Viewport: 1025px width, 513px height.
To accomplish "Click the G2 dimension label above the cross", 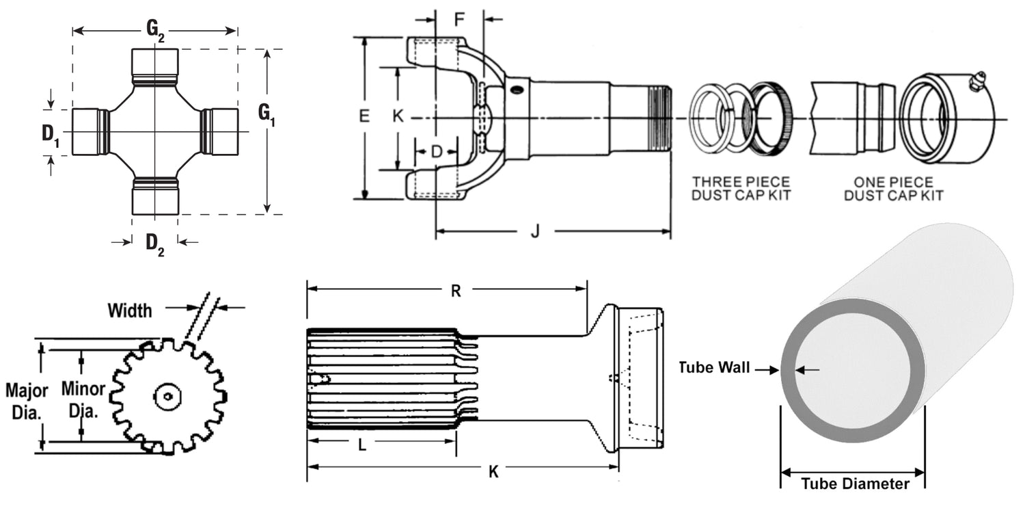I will coord(155,30).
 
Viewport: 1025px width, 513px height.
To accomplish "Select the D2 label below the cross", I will coord(155,244).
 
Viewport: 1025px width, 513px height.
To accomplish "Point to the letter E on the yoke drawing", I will coord(364,116).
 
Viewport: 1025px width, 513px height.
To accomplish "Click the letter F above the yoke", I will coord(460,18).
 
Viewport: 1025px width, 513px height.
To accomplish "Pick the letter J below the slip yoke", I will coord(535,232).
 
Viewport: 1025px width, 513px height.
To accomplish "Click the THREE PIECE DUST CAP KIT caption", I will coord(741,189).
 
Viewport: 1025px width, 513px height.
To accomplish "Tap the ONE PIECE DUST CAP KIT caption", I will coord(893,189).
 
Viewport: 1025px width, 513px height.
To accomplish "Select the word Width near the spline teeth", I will coord(130,311).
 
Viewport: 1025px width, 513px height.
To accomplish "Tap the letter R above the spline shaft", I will coord(456,291).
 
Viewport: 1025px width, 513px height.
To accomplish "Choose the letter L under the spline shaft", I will coord(362,445).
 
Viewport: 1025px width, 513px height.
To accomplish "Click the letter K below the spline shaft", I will coord(493,471).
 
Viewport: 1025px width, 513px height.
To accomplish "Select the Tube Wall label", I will coord(714,368).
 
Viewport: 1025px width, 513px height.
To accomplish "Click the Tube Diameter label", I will coord(854,484).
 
